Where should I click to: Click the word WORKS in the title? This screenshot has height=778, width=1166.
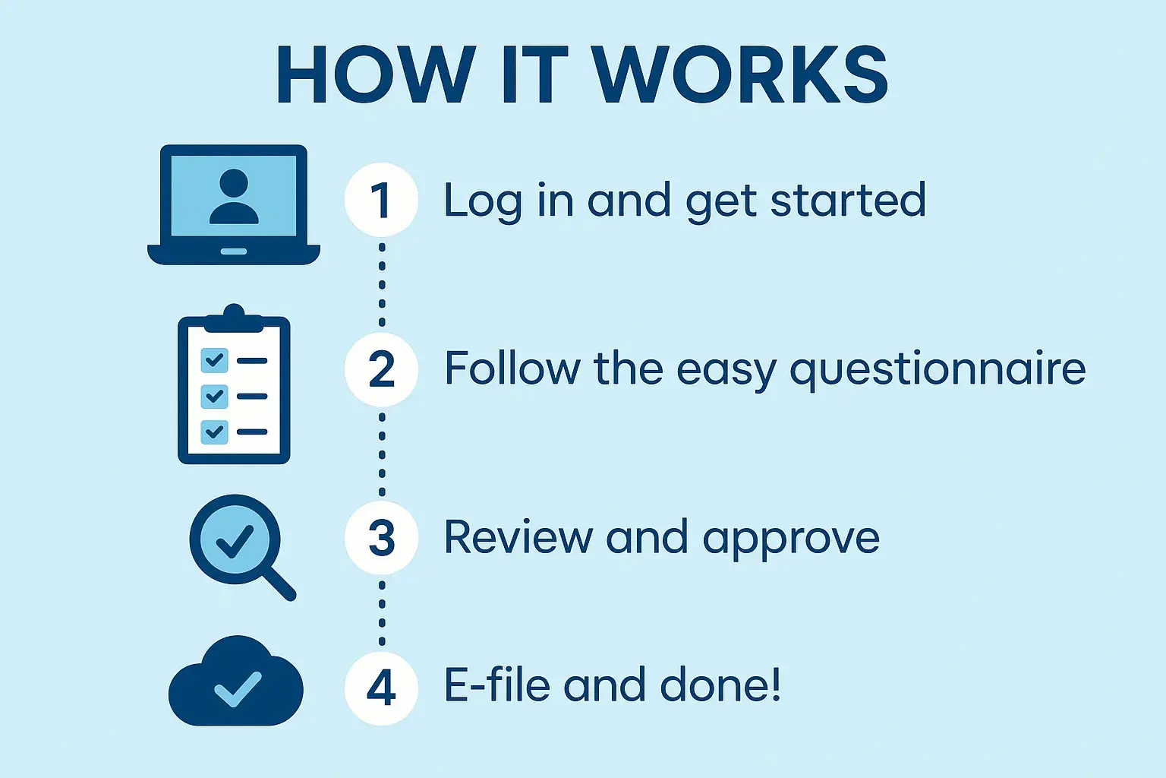(741, 74)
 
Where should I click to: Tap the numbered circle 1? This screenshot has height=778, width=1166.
(381, 200)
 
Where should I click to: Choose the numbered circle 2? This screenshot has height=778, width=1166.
(381, 369)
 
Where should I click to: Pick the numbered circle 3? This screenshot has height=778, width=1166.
(381, 538)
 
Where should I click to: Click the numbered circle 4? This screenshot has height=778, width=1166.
(381, 688)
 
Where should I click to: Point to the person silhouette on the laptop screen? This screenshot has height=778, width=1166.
(234, 197)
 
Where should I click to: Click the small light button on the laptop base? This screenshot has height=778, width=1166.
(234, 251)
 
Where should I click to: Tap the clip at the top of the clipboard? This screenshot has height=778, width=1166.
(234, 318)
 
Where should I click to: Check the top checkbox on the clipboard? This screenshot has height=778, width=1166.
(215, 361)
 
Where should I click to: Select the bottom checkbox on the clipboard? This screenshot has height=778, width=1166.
(215, 432)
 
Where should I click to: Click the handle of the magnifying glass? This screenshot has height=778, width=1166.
(279, 583)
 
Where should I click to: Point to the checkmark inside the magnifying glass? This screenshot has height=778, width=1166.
(235, 542)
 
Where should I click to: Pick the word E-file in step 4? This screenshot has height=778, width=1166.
(496, 685)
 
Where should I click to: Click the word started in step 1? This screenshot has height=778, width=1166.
(848, 200)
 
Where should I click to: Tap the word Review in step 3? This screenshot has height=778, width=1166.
(518, 536)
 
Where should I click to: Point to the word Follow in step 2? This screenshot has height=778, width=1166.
(512, 368)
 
